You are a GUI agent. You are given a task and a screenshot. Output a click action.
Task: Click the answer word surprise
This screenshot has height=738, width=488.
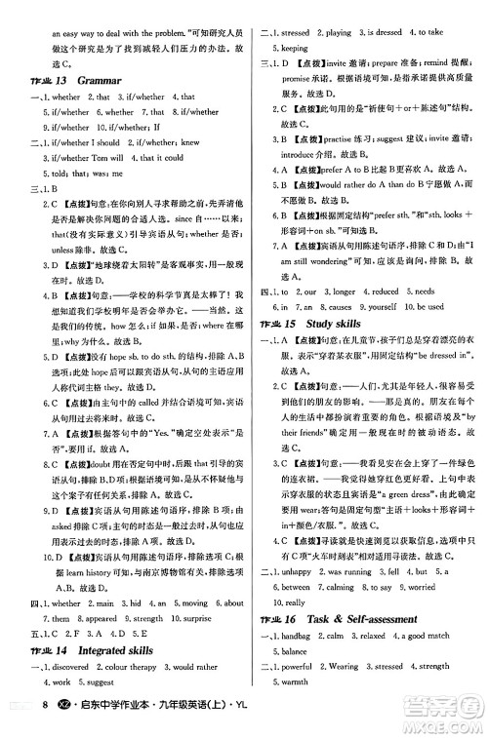click(x=216, y=618)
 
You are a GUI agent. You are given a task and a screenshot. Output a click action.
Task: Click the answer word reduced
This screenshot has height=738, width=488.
click(x=386, y=291)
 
